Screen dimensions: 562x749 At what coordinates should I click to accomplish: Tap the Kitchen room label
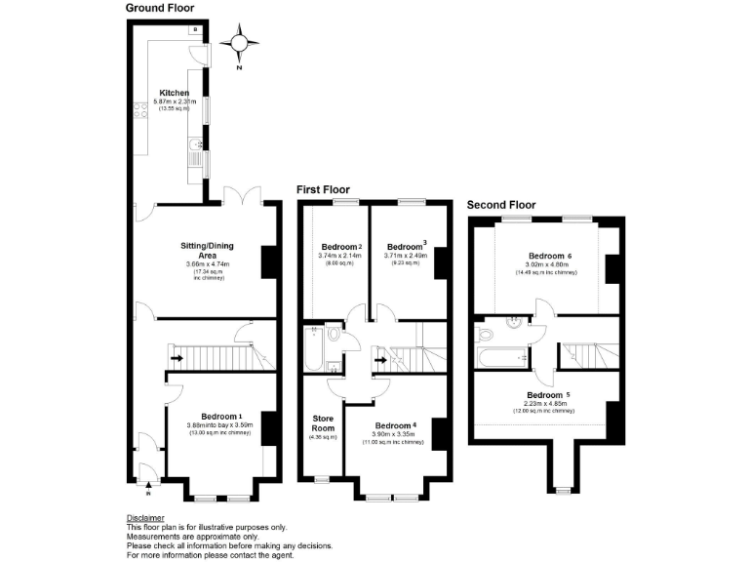click(x=174, y=94)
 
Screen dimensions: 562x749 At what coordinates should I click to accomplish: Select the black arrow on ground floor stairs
click(x=176, y=356)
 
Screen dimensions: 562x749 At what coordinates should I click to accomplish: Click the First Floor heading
click(x=323, y=189)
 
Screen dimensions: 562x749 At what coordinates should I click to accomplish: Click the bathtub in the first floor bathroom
click(x=315, y=350)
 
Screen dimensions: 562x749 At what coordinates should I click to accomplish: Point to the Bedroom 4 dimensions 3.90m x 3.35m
click(x=400, y=435)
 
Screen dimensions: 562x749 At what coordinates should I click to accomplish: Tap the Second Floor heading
click(x=501, y=205)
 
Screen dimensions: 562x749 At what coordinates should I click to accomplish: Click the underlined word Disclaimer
click(x=145, y=517)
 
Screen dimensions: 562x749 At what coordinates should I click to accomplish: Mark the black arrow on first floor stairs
click(x=379, y=356)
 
